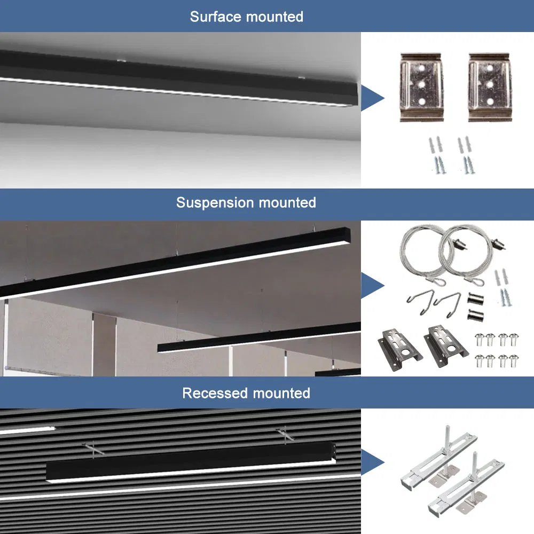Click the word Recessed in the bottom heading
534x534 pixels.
[215, 394]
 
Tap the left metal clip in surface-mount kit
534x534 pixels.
[420, 87]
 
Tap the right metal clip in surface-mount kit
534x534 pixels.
[490, 87]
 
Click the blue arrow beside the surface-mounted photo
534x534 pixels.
[372, 98]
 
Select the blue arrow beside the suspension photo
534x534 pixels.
[372, 284]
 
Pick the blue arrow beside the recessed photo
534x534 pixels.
[372, 462]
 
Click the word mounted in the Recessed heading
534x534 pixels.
[281, 394]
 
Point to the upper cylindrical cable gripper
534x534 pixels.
[475, 297]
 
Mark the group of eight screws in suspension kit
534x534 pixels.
[496, 349]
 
